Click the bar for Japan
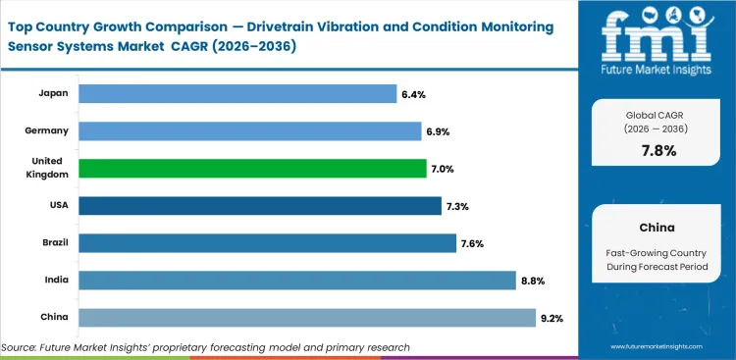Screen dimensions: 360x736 click(x=237, y=93)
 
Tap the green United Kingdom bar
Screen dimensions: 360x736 click(x=252, y=168)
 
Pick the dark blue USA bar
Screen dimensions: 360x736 click(x=260, y=205)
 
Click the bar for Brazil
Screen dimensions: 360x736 click(x=267, y=242)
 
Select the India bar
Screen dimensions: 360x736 click(x=296, y=281)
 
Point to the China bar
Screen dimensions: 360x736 click(x=306, y=317)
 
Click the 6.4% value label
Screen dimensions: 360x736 click(x=412, y=94)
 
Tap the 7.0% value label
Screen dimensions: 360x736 click(x=442, y=169)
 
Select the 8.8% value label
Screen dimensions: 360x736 click(x=531, y=281)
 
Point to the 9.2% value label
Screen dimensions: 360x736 click(x=551, y=318)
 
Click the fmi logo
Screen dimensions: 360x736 click(x=657, y=40)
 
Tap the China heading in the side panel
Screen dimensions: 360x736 click(x=657, y=227)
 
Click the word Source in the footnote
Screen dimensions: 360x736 click(x=22, y=347)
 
